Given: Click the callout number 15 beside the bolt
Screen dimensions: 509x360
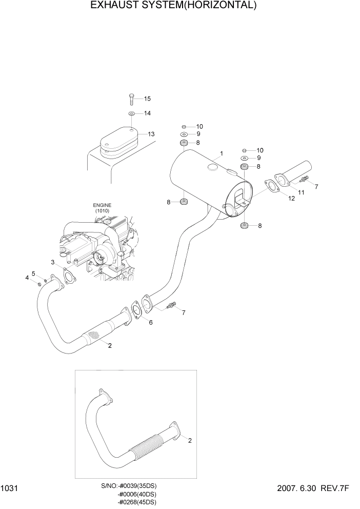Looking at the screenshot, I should point(147,99).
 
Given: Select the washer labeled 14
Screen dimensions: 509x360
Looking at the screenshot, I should point(131,113).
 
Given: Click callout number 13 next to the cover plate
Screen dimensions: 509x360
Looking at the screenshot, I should point(151,134).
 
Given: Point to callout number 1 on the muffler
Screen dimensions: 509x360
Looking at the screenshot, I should point(221,153).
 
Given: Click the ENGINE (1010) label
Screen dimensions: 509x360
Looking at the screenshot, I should point(102,208).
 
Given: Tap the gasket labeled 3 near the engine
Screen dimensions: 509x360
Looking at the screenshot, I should point(66,275).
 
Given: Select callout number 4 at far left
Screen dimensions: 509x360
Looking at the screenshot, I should point(27,278).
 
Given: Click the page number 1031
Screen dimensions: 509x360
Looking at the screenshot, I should point(10,490).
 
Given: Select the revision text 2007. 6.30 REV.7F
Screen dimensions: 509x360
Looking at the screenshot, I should point(314,490).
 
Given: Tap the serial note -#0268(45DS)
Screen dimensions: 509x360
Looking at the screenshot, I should point(137,502).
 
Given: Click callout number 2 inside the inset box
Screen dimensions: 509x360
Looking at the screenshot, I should point(190,440).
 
